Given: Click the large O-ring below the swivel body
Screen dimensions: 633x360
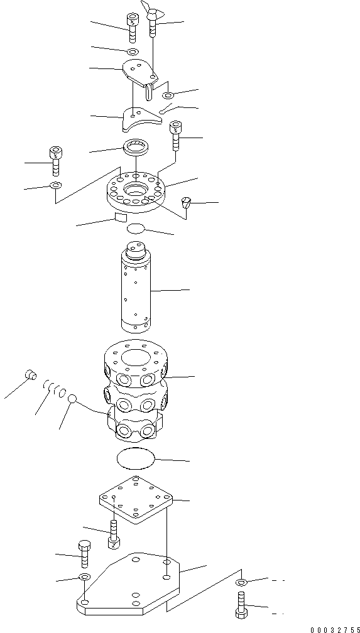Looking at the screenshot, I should click(136, 458).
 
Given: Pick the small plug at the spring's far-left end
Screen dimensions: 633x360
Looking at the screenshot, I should click(28, 376).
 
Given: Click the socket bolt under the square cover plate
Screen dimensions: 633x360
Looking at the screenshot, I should click(114, 534).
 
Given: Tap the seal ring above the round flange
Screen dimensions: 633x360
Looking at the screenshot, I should click(134, 149).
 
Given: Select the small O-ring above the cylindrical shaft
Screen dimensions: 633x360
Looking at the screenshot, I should click(136, 229).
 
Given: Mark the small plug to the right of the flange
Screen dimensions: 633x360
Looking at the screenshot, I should click(186, 202).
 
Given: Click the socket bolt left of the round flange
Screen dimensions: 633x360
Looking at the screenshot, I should click(55, 159).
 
